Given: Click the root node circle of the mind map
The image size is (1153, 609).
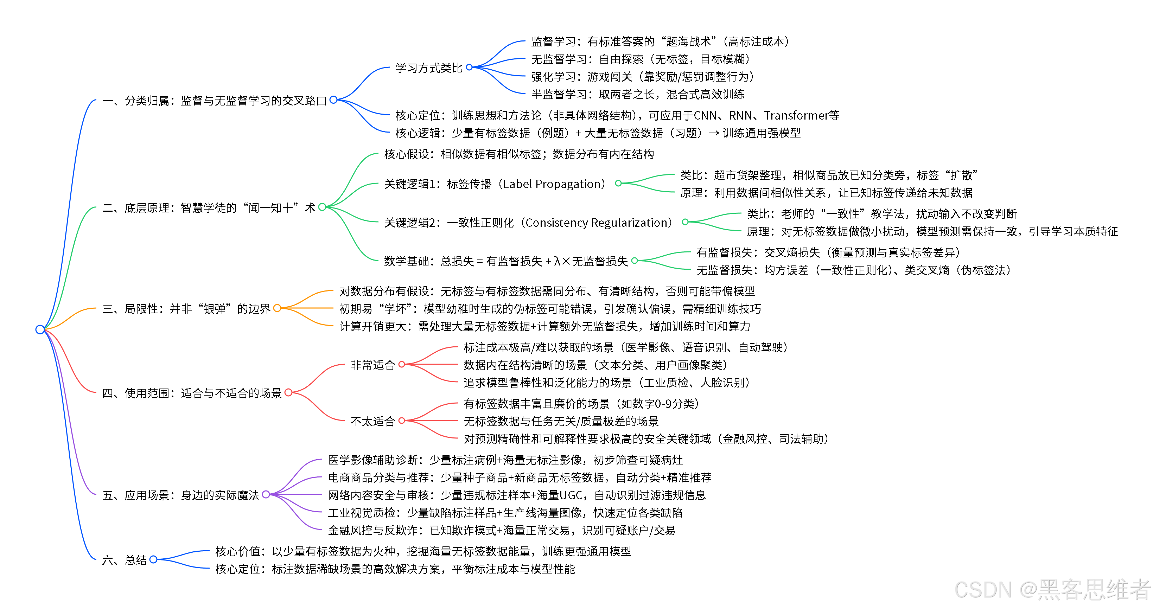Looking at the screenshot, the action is tap(40, 329).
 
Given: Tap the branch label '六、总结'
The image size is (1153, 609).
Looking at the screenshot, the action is tap(125, 560).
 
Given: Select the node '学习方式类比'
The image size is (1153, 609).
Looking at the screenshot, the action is tap(428, 68).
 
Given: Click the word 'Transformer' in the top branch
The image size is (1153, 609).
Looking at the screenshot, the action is tap(796, 115).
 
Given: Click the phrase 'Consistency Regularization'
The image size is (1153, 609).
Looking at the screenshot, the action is tap(598, 222).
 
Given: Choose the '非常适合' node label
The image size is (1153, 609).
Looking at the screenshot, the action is tap(372, 365).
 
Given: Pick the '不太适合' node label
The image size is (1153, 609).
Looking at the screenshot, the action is tap(372, 421).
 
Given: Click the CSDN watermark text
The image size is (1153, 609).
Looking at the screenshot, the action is tap(1052, 589).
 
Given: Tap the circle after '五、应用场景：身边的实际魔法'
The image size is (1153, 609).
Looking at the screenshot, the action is tap(266, 494).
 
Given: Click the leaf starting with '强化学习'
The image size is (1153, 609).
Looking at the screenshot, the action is tap(642, 77).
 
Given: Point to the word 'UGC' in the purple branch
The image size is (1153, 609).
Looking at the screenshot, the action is tap(571, 495).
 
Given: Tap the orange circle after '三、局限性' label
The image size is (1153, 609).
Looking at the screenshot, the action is tap(277, 308).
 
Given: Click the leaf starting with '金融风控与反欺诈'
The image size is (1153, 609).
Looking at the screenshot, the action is tap(501, 530).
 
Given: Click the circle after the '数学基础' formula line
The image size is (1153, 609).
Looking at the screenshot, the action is tap(634, 261).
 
